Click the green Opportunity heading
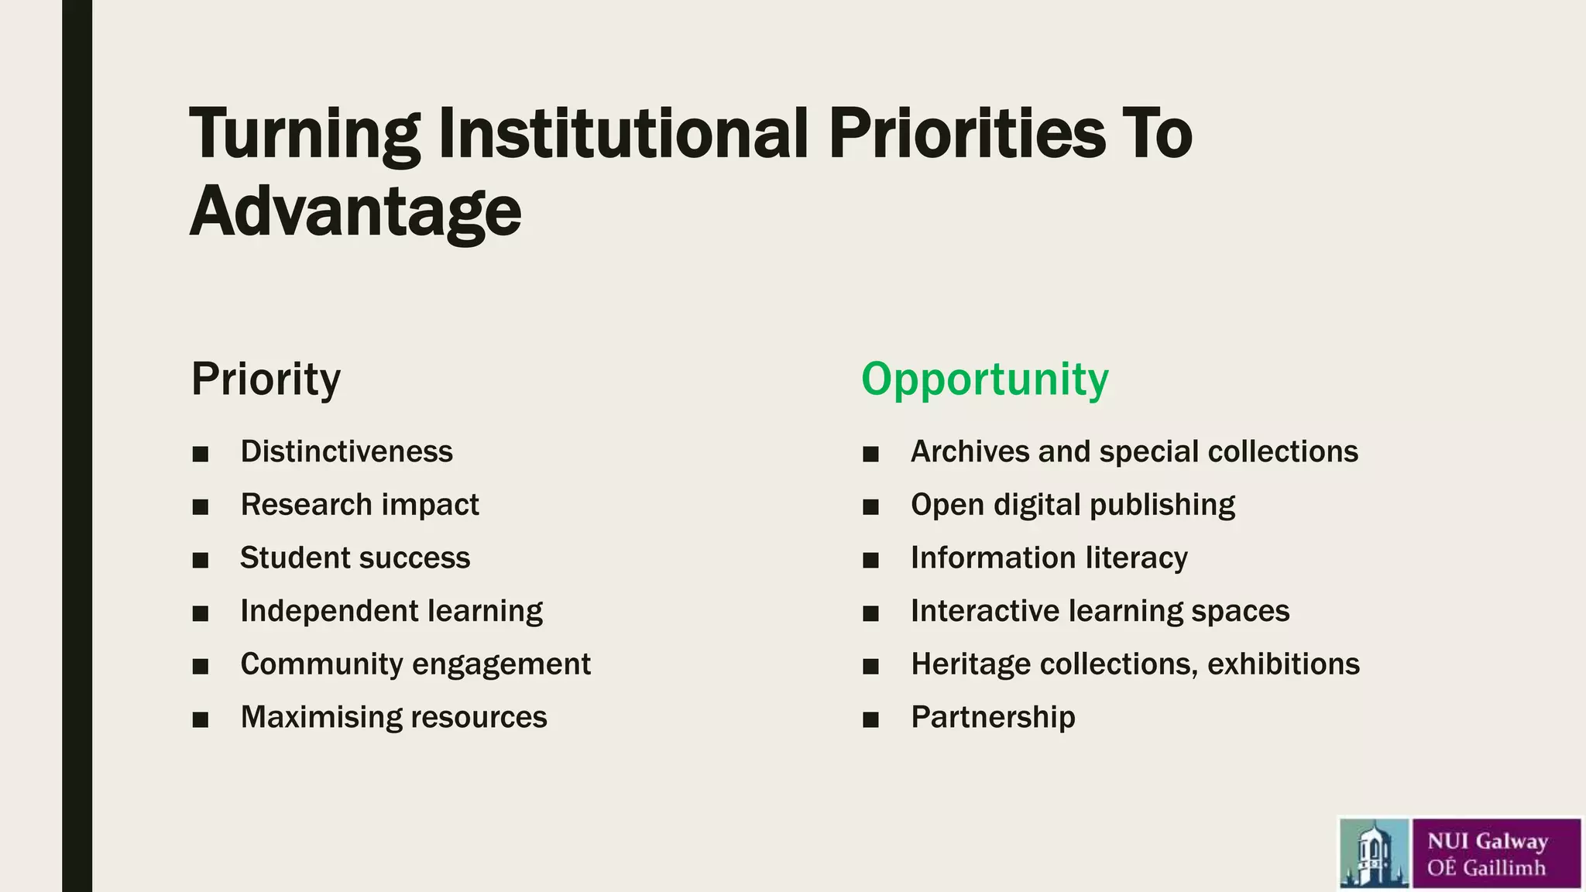coord(984,379)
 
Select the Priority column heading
coord(266,379)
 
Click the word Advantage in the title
coord(355,211)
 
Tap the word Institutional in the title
coord(623,133)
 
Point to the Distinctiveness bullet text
coord(346,451)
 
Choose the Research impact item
coord(359,505)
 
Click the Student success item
coord(355,557)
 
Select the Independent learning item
coord(391,611)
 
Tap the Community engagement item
coord(415,664)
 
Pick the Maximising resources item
coord(393,717)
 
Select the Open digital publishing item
coord(1073,505)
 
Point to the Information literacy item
coord(1049,557)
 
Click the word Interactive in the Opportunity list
coord(985,611)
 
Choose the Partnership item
coord(993,717)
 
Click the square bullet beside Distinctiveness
coord(201,454)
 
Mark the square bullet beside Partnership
coord(870,719)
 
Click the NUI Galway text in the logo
coord(1487,841)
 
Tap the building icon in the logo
coord(1374,853)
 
